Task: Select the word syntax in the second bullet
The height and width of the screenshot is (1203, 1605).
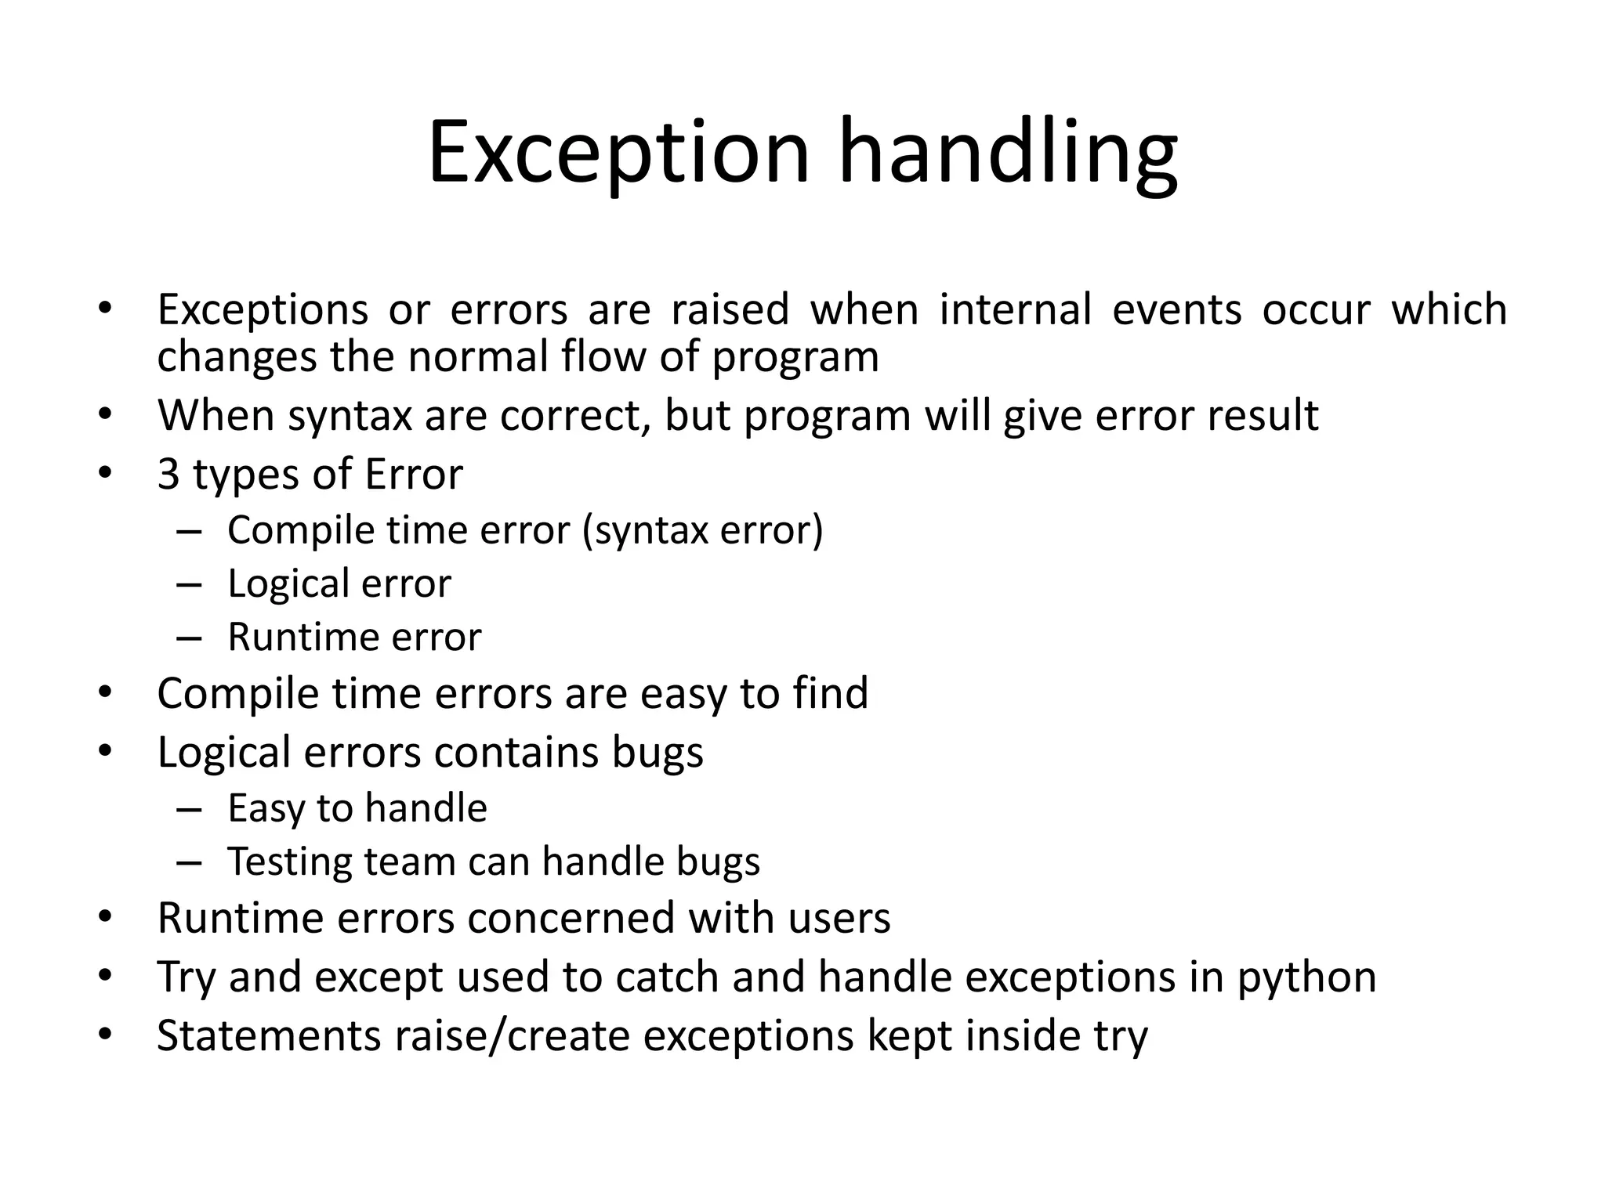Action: (350, 416)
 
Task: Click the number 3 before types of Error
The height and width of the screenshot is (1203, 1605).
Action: (168, 475)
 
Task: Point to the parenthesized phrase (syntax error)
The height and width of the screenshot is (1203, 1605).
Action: (702, 531)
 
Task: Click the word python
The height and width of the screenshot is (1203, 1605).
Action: (1306, 978)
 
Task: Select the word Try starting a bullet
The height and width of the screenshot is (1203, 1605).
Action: (186, 978)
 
